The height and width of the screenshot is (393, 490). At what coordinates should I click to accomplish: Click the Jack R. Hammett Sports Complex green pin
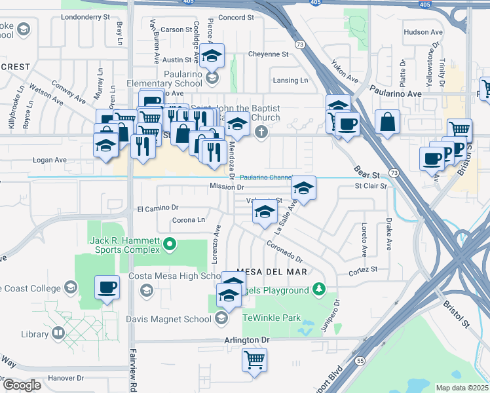click(170, 245)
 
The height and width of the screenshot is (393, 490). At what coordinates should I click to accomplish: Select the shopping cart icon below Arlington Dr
click(254, 358)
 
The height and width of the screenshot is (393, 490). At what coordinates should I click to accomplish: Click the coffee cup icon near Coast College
click(107, 286)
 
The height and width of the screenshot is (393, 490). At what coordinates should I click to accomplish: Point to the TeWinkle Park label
click(272, 318)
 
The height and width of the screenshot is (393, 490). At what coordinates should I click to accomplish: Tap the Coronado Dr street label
click(284, 252)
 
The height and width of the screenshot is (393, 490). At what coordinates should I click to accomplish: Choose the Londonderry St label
click(85, 18)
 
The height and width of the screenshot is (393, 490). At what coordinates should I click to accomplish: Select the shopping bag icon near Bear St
click(387, 122)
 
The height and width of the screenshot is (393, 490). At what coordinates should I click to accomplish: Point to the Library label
click(35, 334)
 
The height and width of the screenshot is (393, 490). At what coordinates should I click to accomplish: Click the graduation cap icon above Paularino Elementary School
click(212, 56)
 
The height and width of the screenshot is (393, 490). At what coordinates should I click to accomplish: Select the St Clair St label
click(371, 186)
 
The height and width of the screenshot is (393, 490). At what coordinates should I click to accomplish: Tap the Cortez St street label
click(364, 270)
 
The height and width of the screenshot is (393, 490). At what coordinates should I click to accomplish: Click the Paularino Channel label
click(265, 177)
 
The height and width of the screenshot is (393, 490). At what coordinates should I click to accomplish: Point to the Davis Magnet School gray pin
click(221, 319)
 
